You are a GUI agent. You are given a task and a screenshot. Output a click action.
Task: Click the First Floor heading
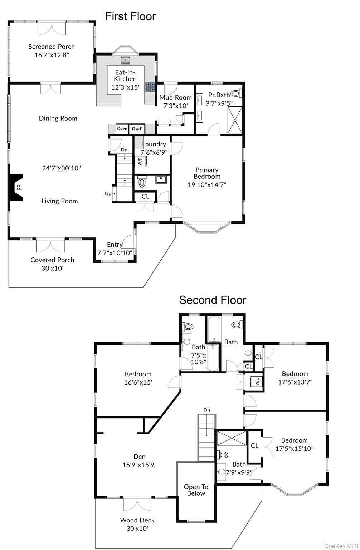(130, 16)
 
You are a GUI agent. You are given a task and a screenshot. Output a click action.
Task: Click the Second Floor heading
(213, 300)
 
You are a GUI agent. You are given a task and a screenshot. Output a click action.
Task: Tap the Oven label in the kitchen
(122, 129)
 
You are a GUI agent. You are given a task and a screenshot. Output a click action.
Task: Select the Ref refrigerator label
(137, 129)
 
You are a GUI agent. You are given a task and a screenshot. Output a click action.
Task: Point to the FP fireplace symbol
(18, 187)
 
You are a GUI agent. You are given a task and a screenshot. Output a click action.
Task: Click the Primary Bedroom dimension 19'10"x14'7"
(207, 185)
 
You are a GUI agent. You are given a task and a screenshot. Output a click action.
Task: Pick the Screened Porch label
(52, 47)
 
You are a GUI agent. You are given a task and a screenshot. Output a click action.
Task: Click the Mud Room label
(175, 97)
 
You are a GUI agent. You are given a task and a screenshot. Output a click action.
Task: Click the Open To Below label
(196, 490)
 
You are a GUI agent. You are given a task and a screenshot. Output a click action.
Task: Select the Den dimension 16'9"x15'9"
(140, 465)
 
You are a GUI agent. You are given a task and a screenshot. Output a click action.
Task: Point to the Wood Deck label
(137, 520)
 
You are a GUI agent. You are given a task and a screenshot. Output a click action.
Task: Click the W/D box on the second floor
(257, 381)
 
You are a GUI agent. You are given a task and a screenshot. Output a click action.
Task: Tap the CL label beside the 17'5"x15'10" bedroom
(254, 446)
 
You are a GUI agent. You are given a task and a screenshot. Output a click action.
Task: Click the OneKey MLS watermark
(341, 546)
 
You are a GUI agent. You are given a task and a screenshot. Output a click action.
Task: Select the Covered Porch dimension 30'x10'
(52, 268)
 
